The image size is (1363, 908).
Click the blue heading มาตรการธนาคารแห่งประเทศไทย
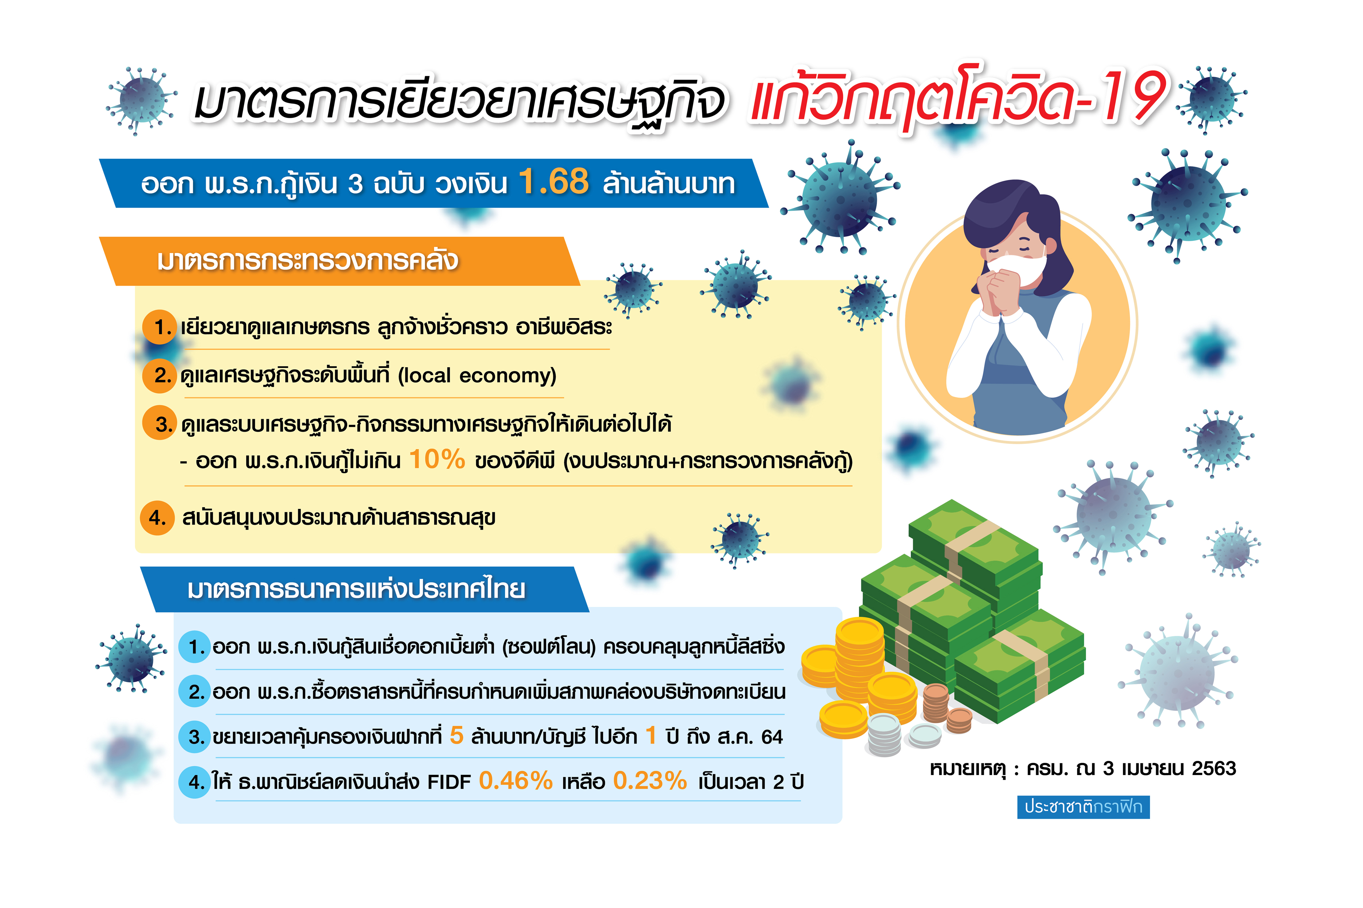tap(356, 590)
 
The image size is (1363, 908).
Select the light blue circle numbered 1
tap(195, 647)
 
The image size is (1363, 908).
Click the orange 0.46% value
tap(516, 781)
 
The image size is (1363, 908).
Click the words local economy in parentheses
tap(477, 376)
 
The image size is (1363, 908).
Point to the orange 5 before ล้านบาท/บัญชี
tap(457, 736)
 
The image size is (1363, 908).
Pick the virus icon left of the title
tap(141, 100)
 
